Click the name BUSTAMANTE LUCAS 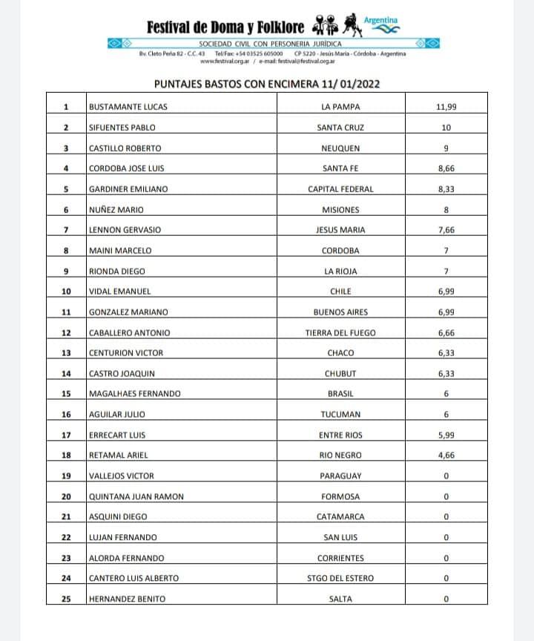click(x=128, y=107)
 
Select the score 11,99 click(x=446, y=107)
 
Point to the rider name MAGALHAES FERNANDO click(x=133, y=394)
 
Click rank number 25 click(x=65, y=599)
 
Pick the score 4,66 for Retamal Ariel click(x=446, y=455)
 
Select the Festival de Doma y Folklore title click(x=225, y=27)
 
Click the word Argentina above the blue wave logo click(x=386, y=19)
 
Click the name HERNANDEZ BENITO click(x=127, y=599)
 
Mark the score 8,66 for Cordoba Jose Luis click(x=446, y=168)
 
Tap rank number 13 click(x=65, y=353)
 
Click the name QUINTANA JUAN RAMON click(x=136, y=496)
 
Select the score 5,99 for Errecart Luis click(x=446, y=435)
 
